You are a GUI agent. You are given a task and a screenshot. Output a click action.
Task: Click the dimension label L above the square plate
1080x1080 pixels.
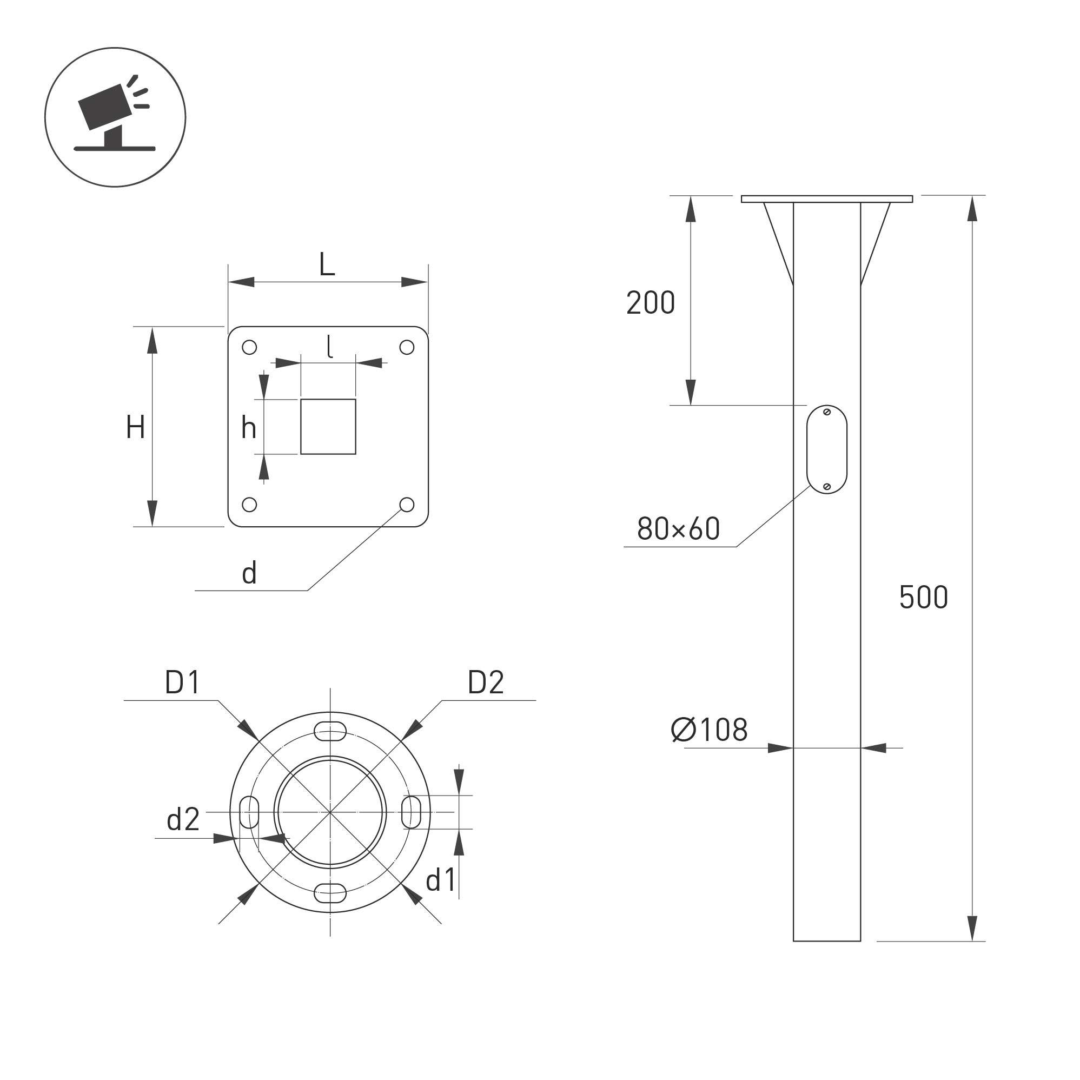(x=327, y=264)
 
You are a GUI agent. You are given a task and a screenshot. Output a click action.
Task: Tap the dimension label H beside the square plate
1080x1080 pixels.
(x=136, y=427)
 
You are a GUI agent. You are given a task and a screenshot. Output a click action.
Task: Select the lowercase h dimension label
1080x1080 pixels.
(x=249, y=428)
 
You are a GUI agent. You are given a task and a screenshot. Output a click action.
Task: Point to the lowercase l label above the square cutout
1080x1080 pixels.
(x=330, y=347)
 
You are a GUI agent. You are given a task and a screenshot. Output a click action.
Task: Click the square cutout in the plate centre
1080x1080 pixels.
(x=328, y=427)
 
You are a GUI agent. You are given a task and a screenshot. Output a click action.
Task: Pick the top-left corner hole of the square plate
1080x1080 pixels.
(x=249, y=348)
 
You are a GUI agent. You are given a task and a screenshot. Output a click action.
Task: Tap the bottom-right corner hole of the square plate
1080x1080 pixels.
(x=407, y=505)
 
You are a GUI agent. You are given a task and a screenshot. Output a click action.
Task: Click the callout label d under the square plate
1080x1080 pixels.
(x=249, y=574)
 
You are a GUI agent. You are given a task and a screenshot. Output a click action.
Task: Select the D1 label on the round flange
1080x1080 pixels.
(x=182, y=683)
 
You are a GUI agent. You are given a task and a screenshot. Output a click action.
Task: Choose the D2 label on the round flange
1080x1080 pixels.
(x=486, y=683)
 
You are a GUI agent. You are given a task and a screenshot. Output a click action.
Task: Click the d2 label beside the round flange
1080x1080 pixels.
(x=183, y=819)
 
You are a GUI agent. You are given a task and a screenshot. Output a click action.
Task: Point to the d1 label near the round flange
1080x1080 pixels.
(x=441, y=881)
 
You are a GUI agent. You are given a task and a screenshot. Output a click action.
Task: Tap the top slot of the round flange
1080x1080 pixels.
(x=330, y=731)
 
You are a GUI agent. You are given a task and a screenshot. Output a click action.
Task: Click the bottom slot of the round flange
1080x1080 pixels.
(x=330, y=893)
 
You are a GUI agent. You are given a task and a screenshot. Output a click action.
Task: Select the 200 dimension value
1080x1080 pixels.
(x=651, y=303)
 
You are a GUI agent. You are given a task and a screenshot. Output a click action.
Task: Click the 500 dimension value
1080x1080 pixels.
(x=924, y=597)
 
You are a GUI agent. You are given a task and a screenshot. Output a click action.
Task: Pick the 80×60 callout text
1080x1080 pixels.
(x=679, y=529)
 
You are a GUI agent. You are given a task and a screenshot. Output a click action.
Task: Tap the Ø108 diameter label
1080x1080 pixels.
(x=710, y=730)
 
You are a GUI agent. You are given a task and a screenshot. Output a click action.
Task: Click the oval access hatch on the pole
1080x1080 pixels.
(x=827, y=449)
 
